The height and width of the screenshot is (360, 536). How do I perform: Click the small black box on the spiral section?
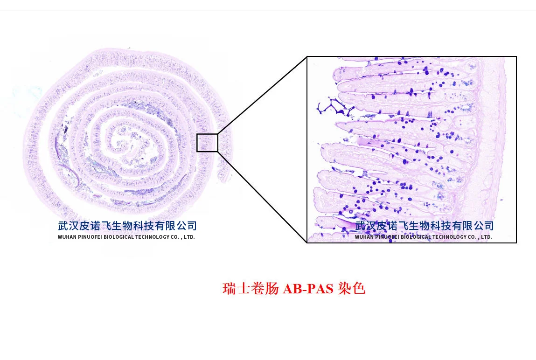(207, 142)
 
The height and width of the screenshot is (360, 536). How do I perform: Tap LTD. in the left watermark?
(189, 237)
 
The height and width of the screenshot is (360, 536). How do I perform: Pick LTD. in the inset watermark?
(486, 237)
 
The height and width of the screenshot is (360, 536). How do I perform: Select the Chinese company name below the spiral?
(127, 226)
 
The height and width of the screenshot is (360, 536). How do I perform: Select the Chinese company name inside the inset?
(424, 226)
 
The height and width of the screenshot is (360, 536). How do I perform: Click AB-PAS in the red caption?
(308, 289)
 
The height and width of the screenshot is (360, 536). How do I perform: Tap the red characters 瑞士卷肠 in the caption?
(251, 289)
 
